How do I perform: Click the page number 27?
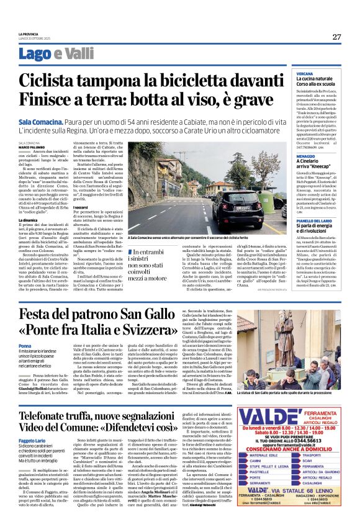[x=336, y=37]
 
